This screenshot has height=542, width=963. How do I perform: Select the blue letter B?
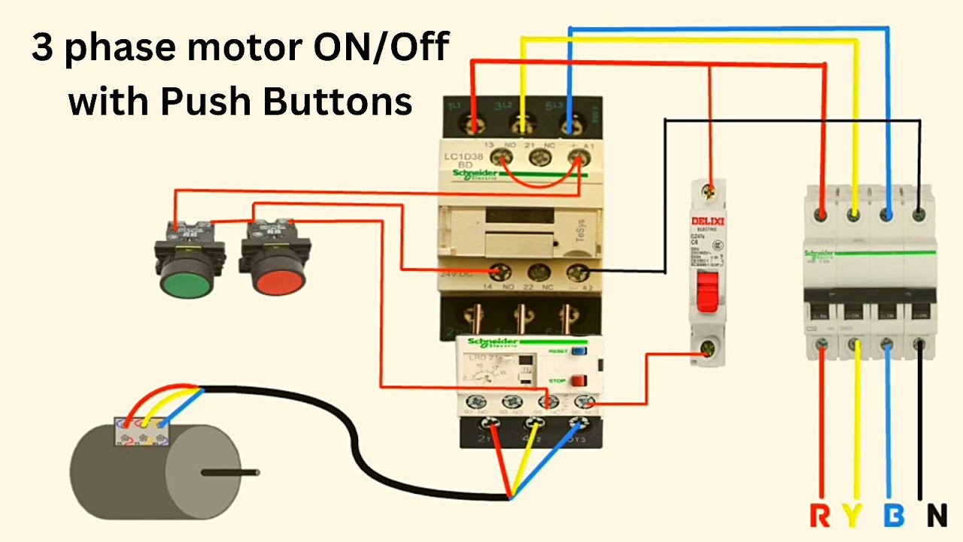pyautogui.click(x=894, y=516)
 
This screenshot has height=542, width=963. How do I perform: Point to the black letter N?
pyautogui.click(x=936, y=516)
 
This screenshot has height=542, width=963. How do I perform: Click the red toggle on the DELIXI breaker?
pyautogui.click(x=708, y=292)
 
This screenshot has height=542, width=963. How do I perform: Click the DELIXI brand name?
pyautogui.click(x=707, y=221)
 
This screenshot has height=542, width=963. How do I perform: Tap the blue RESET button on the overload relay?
pyautogui.click(x=578, y=351)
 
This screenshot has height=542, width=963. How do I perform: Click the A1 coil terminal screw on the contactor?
pyautogui.click(x=578, y=157)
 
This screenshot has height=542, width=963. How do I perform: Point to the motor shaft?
pyautogui.click(x=230, y=473)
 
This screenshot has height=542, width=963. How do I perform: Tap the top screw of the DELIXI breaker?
pyautogui.click(x=708, y=192)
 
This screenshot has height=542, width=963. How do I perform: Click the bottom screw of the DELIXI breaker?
pyautogui.click(x=708, y=347)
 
